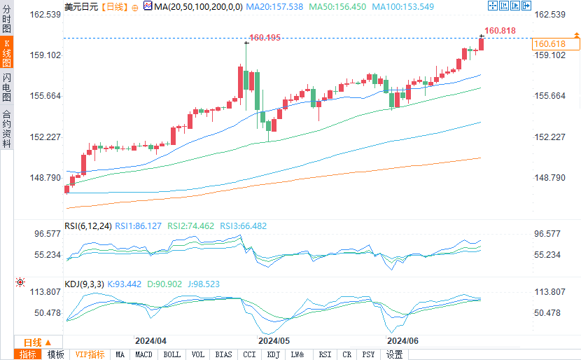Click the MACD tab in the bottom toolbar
click(x=143, y=354)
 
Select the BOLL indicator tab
click(x=171, y=354)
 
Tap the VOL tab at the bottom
click(x=198, y=354)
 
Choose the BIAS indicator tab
click(x=224, y=354)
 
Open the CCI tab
click(x=249, y=354)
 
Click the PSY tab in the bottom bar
click(x=368, y=354)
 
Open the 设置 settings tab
click(x=394, y=354)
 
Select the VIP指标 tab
click(x=90, y=354)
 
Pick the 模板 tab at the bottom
click(x=55, y=354)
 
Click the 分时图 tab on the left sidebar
click(x=6, y=20)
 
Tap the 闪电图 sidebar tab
click(x=6, y=88)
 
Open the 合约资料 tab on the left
click(x=6, y=129)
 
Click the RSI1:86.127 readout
click(x=139, y=226)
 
